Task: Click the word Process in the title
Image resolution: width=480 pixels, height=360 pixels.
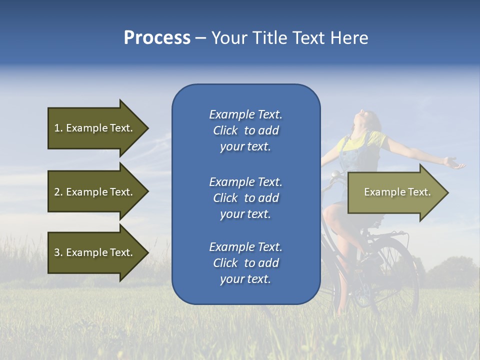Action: click(x=157, y=38)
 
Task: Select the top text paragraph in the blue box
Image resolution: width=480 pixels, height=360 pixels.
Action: click(x=245, y=130)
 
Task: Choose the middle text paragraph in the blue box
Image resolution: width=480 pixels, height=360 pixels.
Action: click(x=245, y=198)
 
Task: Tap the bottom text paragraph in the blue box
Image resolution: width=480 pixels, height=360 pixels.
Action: click(x=245, y=263)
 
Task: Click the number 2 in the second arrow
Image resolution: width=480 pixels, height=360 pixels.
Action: click(x=57, y=192)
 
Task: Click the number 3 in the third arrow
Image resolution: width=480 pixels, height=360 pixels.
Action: click(x=57, y=252)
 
